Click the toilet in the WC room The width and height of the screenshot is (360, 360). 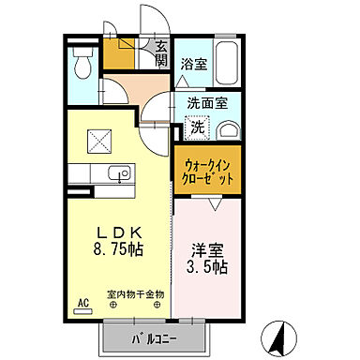tap(82, 65)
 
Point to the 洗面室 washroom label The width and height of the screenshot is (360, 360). tap(205, 105)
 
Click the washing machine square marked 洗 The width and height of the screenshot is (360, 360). tap(197, 127)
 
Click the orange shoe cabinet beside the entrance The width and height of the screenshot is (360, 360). tap(119, 55)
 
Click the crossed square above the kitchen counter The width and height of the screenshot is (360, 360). tap(98, 139)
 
